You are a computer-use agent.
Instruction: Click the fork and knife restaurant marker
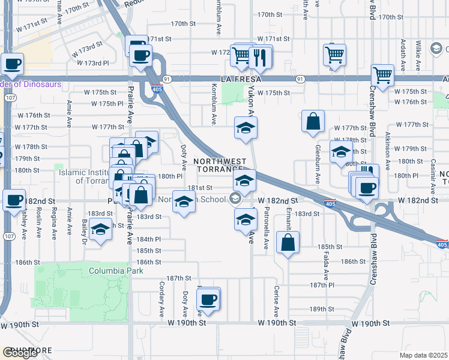(261, 57)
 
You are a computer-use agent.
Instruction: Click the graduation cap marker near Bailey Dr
(101, 230)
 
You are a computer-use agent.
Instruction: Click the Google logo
(20, 352)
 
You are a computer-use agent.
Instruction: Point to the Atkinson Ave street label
(388, 153)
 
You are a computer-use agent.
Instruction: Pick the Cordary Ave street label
(161, 299)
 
